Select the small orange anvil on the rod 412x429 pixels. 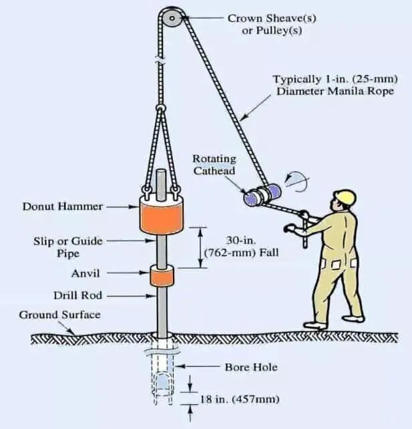click(161, 275)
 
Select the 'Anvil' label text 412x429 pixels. click(85, 273)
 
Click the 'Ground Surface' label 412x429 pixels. click(59, 314)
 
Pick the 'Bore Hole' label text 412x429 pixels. click(250, 367)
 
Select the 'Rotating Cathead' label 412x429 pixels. click(215, 164)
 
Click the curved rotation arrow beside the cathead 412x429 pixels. click(293, 180)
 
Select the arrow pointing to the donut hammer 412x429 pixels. click(120, 206)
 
